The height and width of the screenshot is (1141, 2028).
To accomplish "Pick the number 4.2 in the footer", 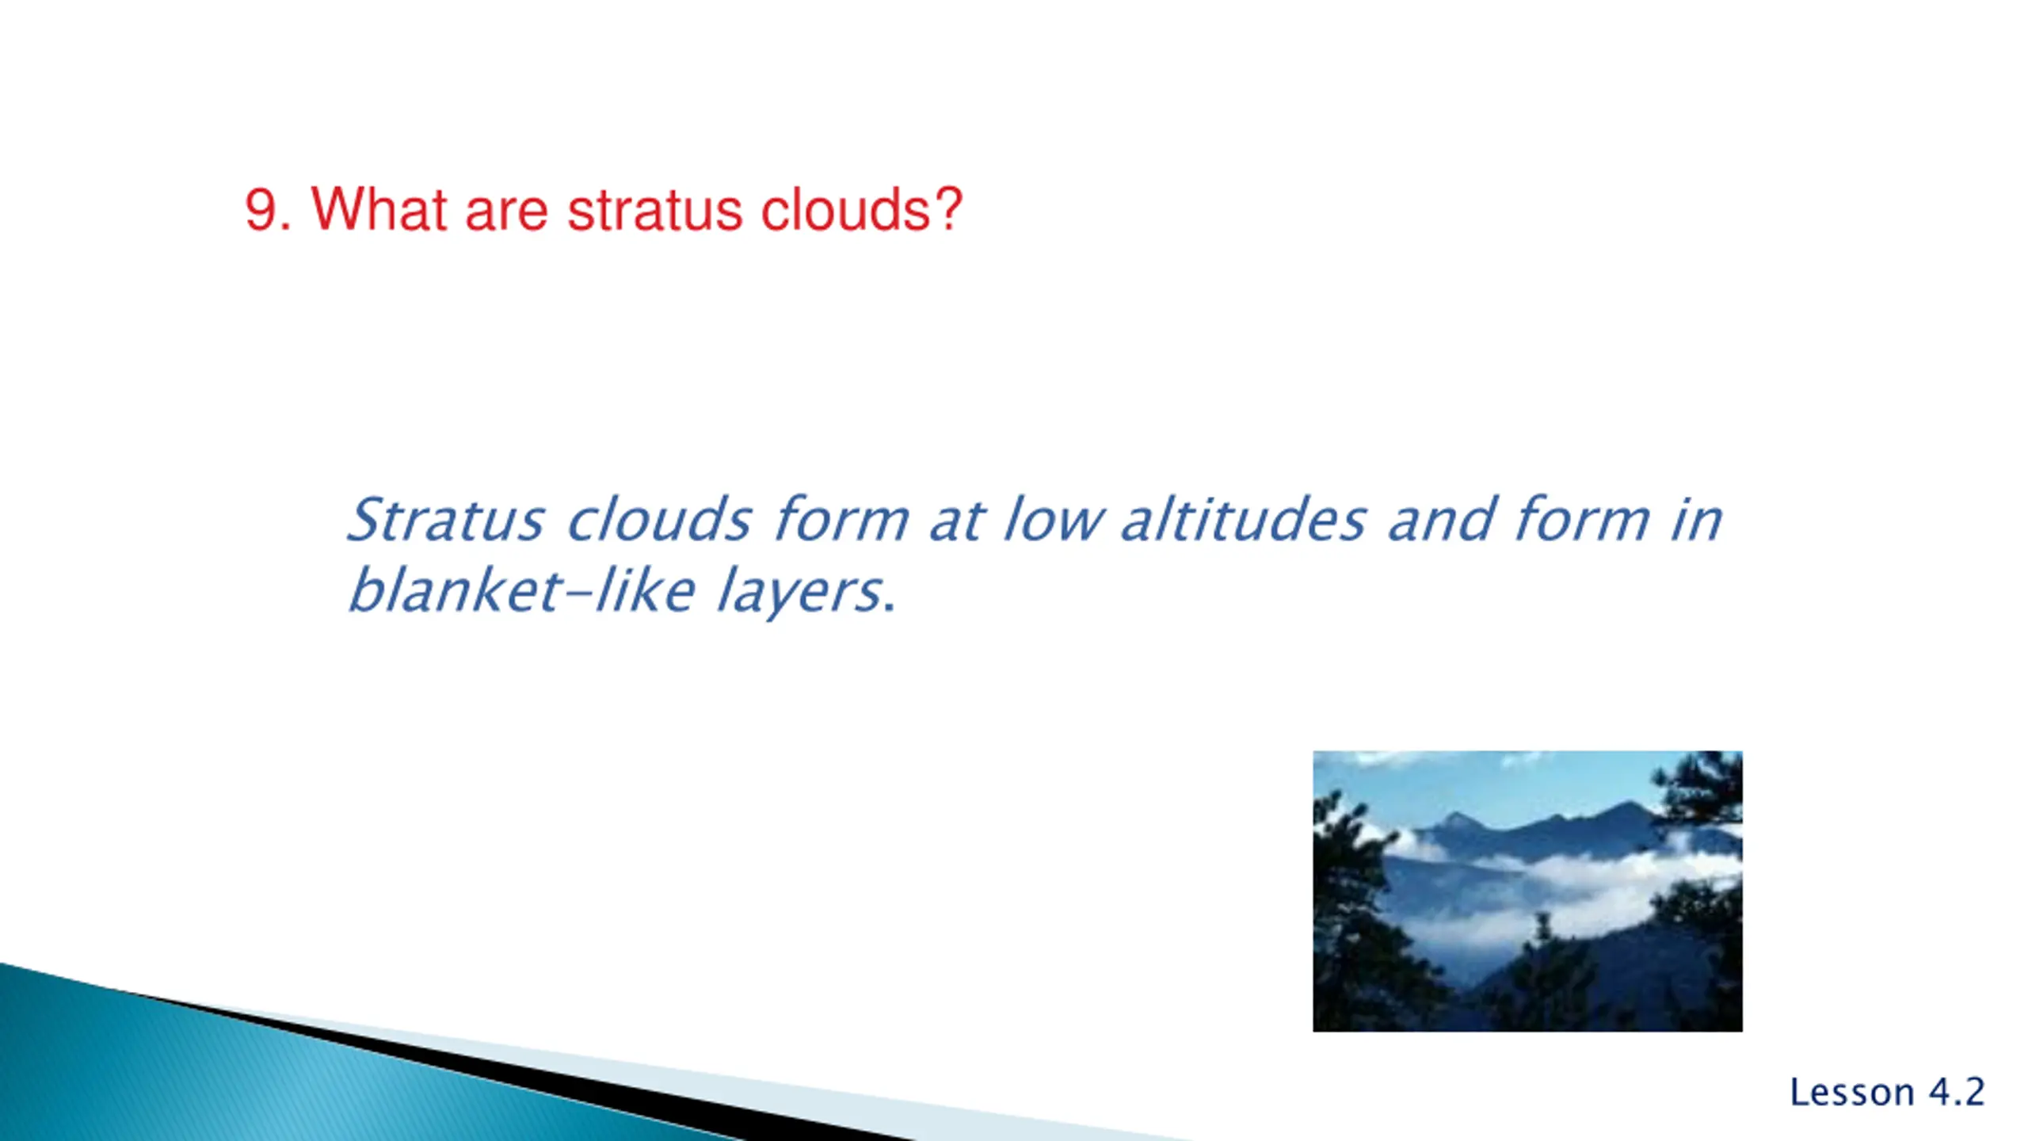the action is tap(1957, 1092).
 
